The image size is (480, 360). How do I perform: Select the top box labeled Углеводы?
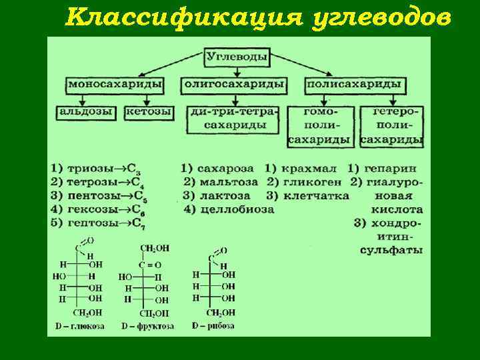[x=237, y=57]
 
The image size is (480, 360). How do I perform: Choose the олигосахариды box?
[x=234, y=85]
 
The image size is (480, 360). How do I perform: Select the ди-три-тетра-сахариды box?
[x=234, y=118]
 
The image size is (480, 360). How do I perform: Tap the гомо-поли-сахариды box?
[x=320, y=125]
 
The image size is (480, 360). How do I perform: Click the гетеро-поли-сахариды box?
[x=392, y=125]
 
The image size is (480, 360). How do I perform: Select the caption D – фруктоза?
[x=148, y=326]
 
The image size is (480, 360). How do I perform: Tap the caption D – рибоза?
[x=214, y=326]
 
